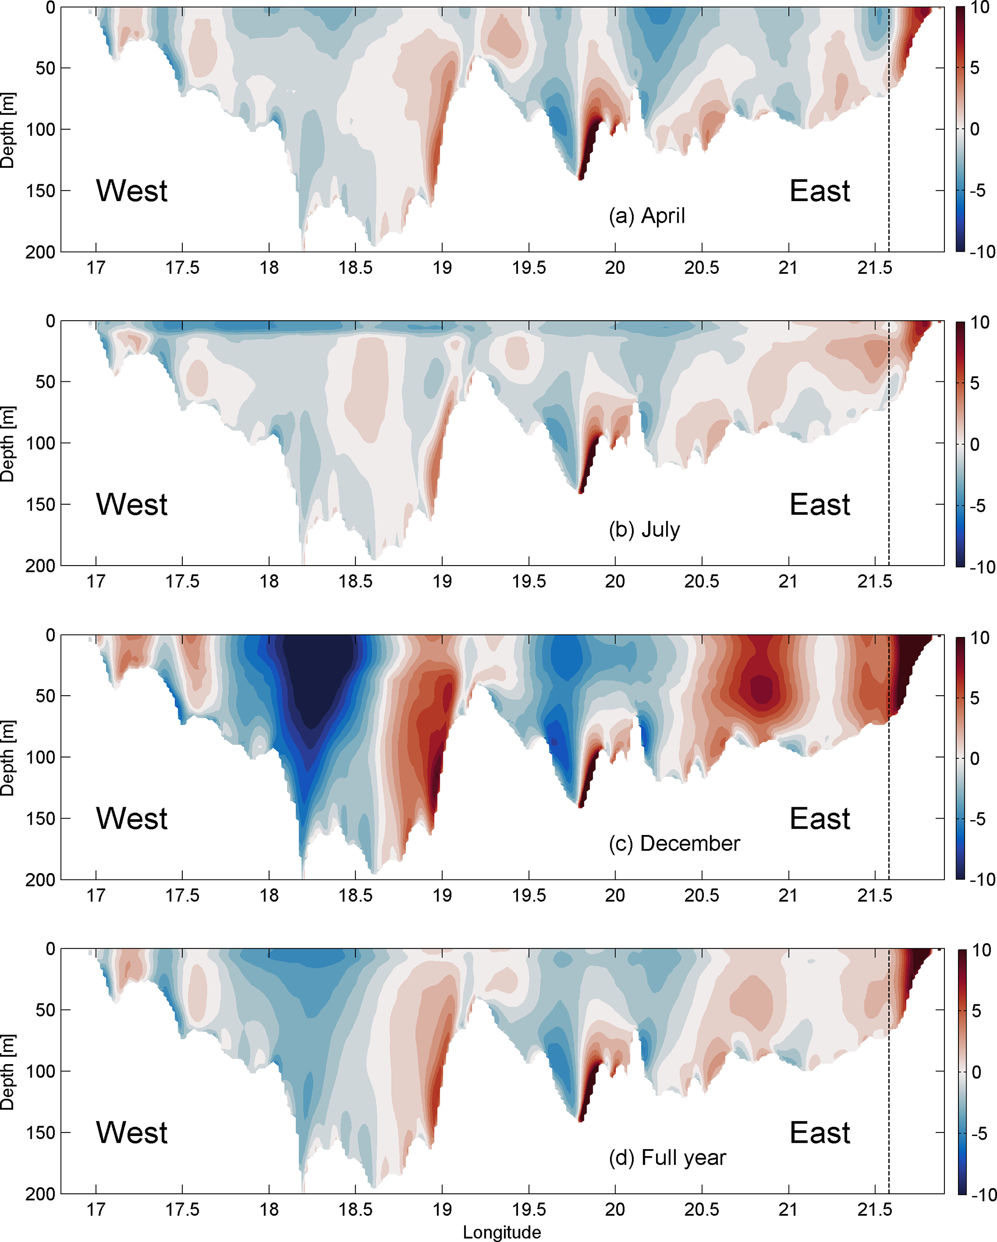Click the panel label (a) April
pos(647,216)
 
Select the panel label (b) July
pos(644,529)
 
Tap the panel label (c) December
pos(674,843)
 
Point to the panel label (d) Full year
pos(668,1157)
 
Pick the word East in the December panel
pos(819,819)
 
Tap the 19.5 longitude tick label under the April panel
pos(529,269)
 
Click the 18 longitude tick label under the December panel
pos(269,896)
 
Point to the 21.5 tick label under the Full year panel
pos(874,1210)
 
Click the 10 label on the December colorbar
pos(980,638)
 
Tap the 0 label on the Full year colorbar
pos(976,1072)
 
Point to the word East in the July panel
pos(819,505)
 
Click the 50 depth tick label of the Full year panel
pos(45,1010)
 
